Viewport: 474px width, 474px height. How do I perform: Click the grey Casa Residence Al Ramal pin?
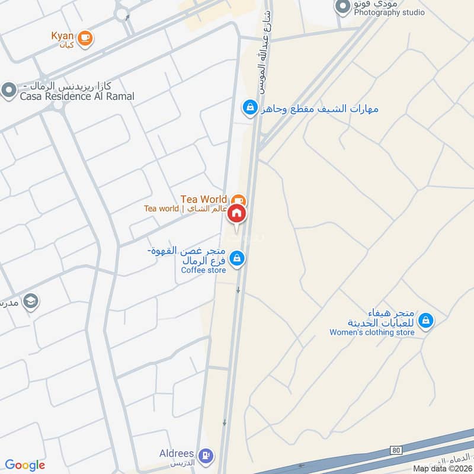[8, 91]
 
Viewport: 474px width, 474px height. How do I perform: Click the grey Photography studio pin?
[342, 7]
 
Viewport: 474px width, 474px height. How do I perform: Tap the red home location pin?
[236, 214]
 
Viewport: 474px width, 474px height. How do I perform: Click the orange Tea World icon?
[238, 200]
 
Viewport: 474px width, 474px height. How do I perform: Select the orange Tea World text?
[204, 199]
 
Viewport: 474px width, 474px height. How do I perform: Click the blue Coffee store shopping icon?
[237, 258]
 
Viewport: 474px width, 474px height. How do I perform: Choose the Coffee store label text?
[203, 270]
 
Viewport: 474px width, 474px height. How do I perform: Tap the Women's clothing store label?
[371, 332]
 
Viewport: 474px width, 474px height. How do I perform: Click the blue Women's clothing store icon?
[425, 321]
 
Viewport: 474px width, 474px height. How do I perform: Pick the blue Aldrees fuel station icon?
[206, 455]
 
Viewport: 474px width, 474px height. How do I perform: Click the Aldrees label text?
[177, 454]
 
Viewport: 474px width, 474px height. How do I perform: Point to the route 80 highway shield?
[396, 451]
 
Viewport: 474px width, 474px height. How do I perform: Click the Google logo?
[25, 465]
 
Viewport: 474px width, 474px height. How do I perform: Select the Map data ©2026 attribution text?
[442, 468]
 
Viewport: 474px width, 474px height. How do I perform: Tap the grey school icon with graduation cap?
[31, 302]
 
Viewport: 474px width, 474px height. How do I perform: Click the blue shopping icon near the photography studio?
[250, 108]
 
